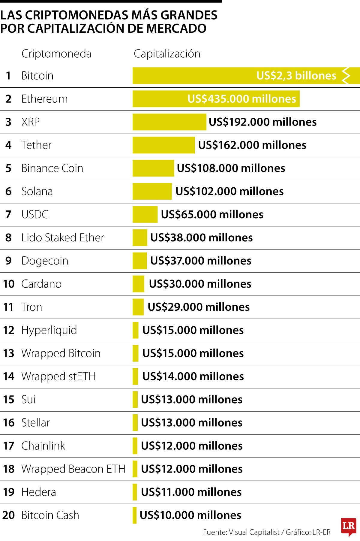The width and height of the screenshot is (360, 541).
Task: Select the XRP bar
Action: [169, 122]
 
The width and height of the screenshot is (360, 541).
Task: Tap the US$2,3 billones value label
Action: [296, 76]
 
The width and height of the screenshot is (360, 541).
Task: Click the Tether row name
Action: [36, 145]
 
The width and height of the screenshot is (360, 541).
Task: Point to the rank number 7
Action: [8, 214]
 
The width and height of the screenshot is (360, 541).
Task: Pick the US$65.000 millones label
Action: [212, 214]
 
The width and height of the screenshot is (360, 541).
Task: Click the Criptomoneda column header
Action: [56, 54]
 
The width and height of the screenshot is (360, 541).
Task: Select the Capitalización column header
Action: [167, 54]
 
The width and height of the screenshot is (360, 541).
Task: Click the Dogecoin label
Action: [45, 261]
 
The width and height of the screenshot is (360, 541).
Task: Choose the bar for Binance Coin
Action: [153, 168]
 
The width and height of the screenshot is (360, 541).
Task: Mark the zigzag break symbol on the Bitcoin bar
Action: [346, 76]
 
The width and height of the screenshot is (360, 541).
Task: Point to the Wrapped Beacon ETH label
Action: [73, 469]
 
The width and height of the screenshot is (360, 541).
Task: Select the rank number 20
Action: [8, 515]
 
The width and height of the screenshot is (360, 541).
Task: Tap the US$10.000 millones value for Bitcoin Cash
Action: [190, 515]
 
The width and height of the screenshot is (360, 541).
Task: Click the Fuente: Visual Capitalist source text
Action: [241, 532]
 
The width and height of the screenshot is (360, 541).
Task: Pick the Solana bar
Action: [152, 191]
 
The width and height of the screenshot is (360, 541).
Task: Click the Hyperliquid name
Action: [49, 330]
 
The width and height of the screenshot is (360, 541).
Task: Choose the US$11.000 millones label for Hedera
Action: [191, 492]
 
